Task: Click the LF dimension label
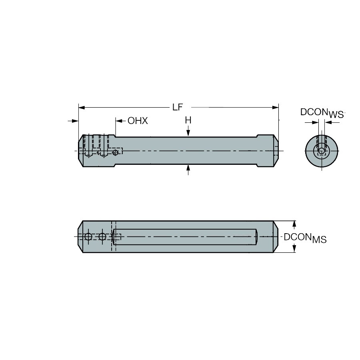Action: [x=178, y=107]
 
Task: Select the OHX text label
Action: [x=138, y=121]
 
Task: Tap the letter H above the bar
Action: [x=188, y=120]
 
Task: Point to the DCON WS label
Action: [x=322, y=113]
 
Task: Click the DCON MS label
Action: [x=305, y=238]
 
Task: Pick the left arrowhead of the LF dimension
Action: [x=82, y=108]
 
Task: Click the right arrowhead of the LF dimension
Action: [x=275, y=108]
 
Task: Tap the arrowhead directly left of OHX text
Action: [x=119, y=121]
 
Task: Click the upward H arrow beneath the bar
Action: [x=188, y=170]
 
